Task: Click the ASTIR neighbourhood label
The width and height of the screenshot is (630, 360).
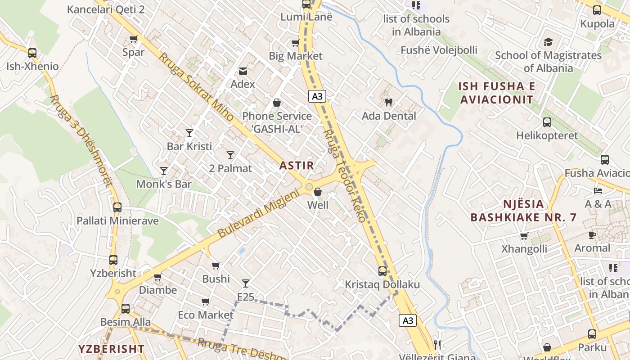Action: point(297,165)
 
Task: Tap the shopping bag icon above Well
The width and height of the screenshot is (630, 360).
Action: point(318,192)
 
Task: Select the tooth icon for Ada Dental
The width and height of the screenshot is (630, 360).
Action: point(389,102)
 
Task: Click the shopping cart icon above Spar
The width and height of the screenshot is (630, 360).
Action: point(133,39)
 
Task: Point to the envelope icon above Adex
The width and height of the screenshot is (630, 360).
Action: point(243,71)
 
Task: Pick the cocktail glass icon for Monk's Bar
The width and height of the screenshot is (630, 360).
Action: point(164,171)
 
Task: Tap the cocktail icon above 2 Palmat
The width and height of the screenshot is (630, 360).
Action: point(230,155)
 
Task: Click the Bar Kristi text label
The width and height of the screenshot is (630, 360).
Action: point(189,146)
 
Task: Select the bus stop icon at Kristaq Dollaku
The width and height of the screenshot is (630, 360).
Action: point(382,271)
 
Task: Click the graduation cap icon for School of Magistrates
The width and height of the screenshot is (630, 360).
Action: point(548,42)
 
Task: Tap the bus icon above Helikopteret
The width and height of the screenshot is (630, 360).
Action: point(547,122)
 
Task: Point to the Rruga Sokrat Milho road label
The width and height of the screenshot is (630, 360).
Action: point(196,87)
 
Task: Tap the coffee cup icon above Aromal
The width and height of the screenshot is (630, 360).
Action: point(592,235)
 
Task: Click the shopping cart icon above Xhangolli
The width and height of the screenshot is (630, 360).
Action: point(524,236)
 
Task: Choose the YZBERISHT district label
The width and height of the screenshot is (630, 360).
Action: point(112,349)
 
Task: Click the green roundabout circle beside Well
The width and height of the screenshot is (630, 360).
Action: point(309,186)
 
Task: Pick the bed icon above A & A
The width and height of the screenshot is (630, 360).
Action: point(598,191)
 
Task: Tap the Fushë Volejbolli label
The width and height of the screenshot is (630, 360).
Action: point(439,50)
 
